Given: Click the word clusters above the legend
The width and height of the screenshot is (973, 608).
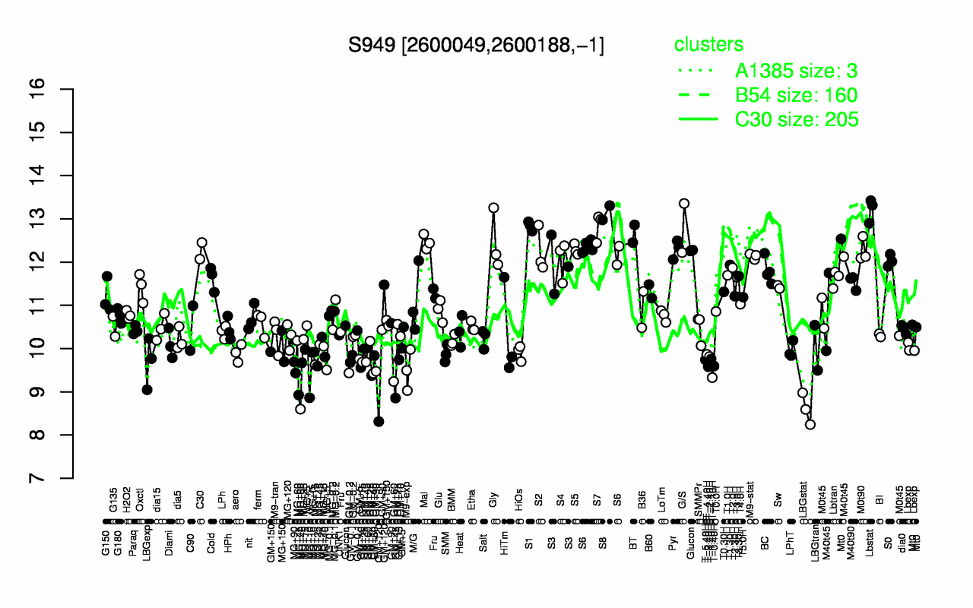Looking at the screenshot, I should pyautogui.click(x=708, y=45).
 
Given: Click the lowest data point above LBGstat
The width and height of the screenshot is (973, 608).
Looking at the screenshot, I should pyautogui.click(x=810, y=424).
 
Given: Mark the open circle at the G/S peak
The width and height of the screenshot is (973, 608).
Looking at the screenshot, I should pyautogui.click(x=683, y=203).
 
